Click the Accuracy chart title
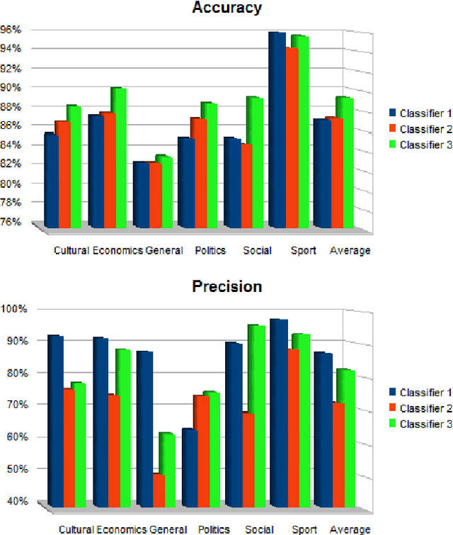click(x=227, y=9)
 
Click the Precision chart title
click(x=227, y=286)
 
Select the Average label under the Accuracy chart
click(x=350, y=250)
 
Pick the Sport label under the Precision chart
click(x=304, y=529)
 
